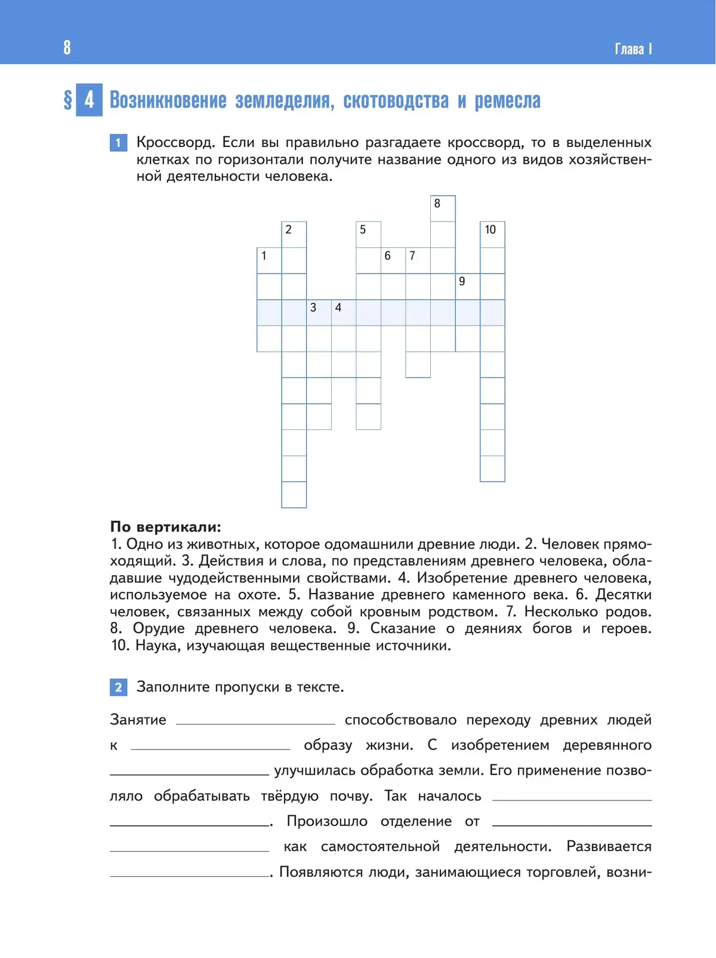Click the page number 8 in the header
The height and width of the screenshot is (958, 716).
point(67,47)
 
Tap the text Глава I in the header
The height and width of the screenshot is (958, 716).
point(633,48)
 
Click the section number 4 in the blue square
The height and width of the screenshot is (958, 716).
point(89,99)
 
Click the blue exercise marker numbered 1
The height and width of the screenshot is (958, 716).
point(118,143)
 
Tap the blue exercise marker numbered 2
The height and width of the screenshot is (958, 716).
point(118,687)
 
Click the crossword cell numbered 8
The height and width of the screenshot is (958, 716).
point(443,208)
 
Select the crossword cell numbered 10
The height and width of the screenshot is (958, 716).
point(492,234)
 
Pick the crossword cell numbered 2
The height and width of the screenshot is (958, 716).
point(294,234)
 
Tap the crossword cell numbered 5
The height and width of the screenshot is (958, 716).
point(368,234)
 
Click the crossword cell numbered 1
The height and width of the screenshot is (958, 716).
point(269,260)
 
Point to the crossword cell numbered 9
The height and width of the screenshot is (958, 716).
point(467,286)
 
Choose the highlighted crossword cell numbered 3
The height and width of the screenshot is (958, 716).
point(319,312)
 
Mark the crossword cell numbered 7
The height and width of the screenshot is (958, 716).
point(418,260)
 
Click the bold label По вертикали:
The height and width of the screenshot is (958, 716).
point(165,527)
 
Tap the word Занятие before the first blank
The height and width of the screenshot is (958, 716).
point(138,720)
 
